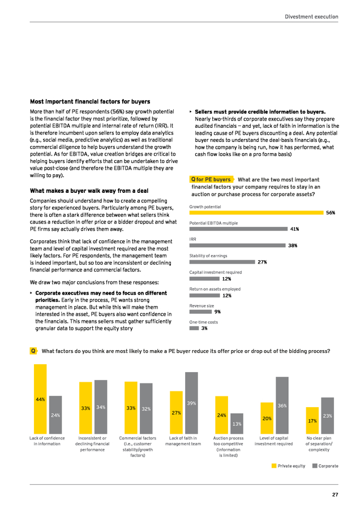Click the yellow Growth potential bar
[256, 213]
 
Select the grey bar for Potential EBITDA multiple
[238, 229]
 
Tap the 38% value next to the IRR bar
[293, 246]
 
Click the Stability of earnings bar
[222, 262]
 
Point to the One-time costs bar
[194, 328]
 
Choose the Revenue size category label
[202, 306]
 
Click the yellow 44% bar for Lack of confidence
[40, 399]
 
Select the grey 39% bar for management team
[191, 403]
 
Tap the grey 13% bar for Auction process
[237, 424]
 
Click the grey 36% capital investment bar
[282, 406]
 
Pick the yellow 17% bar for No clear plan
[312, 420]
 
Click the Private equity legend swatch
[274, 466]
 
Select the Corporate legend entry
[325, 466]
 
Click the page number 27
[335, 495]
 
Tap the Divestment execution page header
[311, 16]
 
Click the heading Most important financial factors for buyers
[90, 102]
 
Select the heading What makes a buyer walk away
[89, 191]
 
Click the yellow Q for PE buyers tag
[212, 179]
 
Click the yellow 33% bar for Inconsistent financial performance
[85, 408]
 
